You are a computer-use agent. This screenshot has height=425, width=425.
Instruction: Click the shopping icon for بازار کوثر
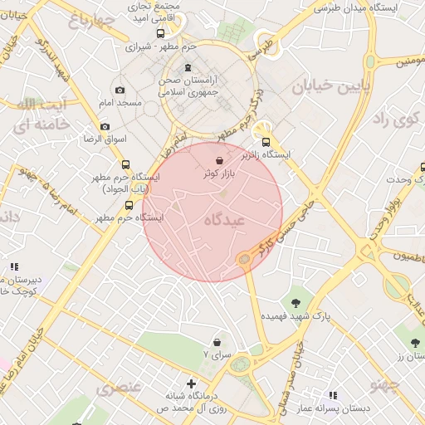(x=219, y=160)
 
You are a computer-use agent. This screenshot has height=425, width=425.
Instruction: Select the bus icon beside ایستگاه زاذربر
(x=266, y=142)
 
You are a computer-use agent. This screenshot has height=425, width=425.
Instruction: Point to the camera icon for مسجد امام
(x=120, y=90)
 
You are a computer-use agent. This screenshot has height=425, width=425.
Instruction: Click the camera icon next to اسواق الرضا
(x=105, y=126)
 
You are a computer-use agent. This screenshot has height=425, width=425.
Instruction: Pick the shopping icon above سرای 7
(x=217, y=341)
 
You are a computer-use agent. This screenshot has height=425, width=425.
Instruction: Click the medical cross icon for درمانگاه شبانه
(x=192, y=383)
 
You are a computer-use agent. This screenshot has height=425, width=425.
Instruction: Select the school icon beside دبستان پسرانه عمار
(x=333, y=395)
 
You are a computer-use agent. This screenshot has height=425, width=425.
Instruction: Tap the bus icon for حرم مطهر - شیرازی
(x=160, y=34)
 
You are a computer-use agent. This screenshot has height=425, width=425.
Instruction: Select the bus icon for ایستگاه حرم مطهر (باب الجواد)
(x=125, y=164)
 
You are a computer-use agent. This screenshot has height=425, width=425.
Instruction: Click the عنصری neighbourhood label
(x=119, y=388)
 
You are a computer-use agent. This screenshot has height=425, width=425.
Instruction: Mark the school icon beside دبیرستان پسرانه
(x=14, y=266)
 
